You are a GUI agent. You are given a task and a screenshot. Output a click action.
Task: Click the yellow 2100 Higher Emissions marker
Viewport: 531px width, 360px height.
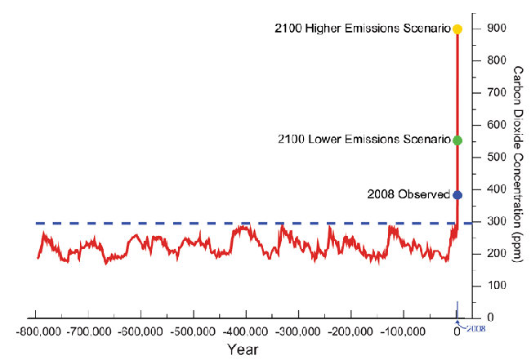(x=457, y=29)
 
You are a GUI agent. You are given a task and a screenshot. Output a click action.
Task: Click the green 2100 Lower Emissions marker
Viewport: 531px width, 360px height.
(x=457, y=140)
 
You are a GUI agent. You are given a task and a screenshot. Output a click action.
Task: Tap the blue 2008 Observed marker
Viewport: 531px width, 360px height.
(x=457, y=195)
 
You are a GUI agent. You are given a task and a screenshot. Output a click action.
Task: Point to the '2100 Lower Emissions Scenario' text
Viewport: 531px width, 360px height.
(x=365, y=140)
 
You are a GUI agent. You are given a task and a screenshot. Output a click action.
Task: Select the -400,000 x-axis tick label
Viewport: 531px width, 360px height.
(x=246, y=333)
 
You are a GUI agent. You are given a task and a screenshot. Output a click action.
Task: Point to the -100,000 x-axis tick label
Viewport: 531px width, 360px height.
(x=404, y=333)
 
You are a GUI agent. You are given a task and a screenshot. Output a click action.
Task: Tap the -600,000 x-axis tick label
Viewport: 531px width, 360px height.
(x=141, y=333)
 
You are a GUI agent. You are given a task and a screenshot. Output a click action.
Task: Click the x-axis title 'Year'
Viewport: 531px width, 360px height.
(x=244, y=349)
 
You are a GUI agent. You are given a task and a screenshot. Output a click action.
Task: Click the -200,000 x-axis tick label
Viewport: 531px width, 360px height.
(x=351, y=333)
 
